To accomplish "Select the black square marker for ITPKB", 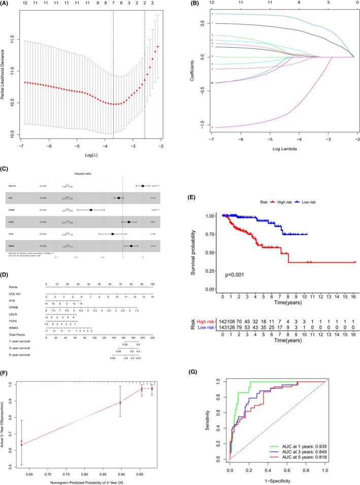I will [91, 209].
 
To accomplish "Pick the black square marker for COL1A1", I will [143, 186].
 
